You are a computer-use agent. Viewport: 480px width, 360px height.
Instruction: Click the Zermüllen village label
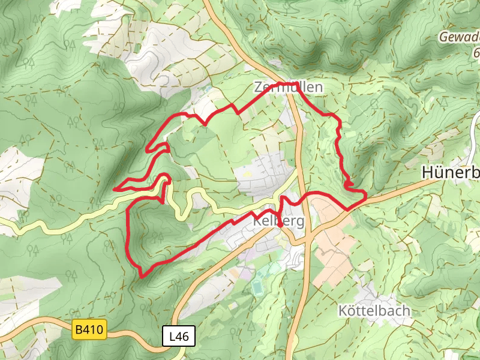[288, 88]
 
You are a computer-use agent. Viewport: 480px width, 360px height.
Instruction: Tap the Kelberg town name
[278, 221]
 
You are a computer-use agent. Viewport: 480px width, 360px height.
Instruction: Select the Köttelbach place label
[374, 311]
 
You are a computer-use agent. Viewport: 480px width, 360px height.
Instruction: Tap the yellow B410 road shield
[89, 329]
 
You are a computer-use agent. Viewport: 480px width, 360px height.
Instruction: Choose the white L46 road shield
[179, 337]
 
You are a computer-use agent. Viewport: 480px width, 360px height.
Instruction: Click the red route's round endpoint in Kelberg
[280, 224]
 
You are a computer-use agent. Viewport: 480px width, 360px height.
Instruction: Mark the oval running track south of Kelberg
[257, 288]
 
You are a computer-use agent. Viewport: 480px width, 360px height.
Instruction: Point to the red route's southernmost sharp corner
[142, 277]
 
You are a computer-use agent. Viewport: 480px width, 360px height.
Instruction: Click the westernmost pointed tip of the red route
[115, 189]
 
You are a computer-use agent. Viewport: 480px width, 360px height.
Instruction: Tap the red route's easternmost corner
[365, 193]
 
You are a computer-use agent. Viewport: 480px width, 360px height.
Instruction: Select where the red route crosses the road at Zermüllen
[295, 84]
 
